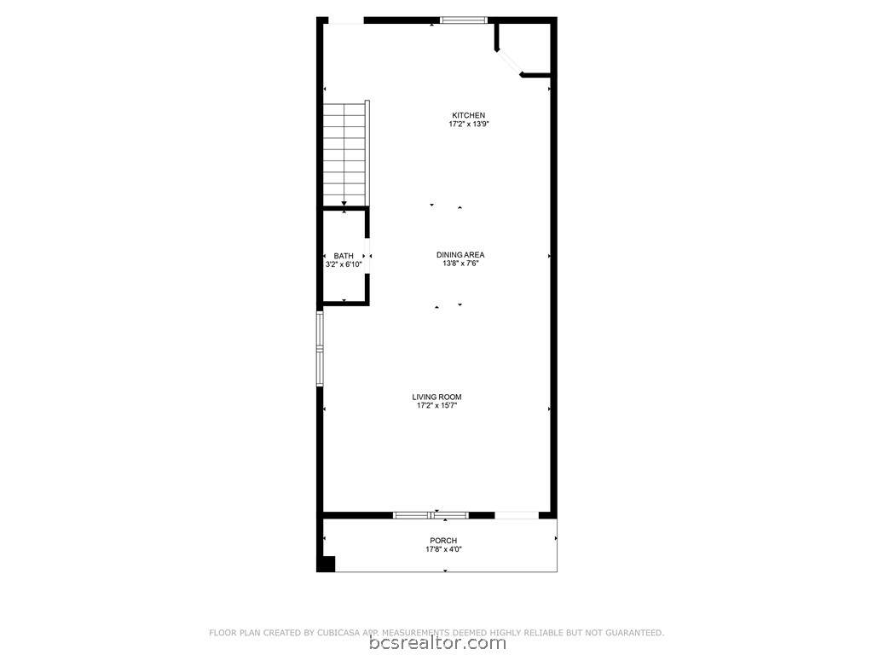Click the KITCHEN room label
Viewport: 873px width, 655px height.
468,115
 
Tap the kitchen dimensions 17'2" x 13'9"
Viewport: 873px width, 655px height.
469,125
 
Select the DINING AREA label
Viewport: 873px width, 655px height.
460,255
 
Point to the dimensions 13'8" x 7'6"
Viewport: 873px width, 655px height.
460,264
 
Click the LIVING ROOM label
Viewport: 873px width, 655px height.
437,397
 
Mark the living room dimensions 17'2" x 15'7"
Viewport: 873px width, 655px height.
437,406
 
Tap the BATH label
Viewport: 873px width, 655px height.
344,256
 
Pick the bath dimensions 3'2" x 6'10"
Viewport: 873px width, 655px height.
344,265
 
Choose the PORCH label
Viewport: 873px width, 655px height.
443,540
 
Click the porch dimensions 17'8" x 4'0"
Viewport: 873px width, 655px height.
443,549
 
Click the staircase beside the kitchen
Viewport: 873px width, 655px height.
346,154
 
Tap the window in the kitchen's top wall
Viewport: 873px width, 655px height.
464,20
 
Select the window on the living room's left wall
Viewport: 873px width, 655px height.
320,349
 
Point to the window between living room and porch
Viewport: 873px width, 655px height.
431,515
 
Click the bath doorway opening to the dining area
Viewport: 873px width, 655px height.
367,256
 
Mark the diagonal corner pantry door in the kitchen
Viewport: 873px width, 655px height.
508,61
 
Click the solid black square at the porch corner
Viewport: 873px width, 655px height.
326,564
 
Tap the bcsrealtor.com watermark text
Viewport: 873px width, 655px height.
437,643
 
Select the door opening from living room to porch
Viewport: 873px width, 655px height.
517,515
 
